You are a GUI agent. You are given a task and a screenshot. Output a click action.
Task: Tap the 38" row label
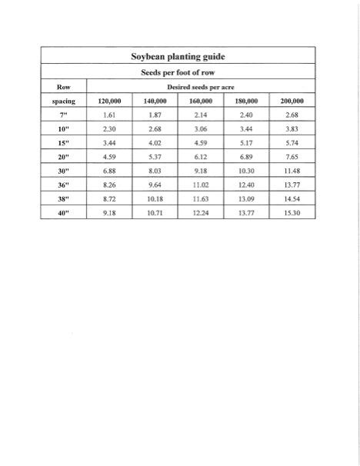[x=63, y=198]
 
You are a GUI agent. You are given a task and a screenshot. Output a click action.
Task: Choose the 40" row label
[x=63, y=212]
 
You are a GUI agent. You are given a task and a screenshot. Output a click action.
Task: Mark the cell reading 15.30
[x=292, y=212]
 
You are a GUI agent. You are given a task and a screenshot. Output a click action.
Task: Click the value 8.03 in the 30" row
[x=155, y=171]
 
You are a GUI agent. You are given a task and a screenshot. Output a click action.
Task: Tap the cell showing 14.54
[x=292, y=198]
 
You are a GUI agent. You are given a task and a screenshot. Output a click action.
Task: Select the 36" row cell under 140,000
[x=155, y=185]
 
